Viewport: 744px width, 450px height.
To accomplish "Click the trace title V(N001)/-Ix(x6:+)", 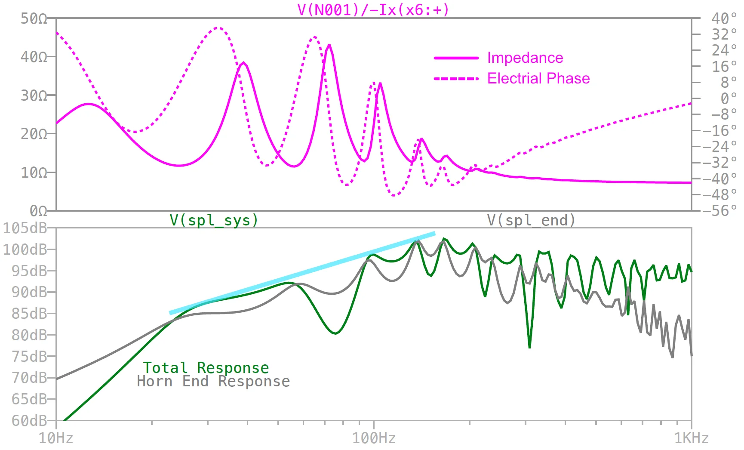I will click(x=373, y=9).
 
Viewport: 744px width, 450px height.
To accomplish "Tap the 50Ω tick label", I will click(x=34, y=18).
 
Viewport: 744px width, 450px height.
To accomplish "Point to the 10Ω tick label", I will click(x=34, y=173).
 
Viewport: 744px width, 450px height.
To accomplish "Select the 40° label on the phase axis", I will click(x=723, y=18).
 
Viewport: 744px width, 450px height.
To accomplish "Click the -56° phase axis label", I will click(x=719, y=211).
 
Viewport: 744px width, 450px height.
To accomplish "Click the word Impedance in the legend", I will click(x=525, y=58).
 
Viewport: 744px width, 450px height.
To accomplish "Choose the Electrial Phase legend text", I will click(x=538, y=78).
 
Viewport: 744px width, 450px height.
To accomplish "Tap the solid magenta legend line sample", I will click(x=456, y=58).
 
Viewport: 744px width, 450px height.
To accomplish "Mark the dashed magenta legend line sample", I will click(x=456, y=79).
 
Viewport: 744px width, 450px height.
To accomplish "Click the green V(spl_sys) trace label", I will click(x=214, y=220).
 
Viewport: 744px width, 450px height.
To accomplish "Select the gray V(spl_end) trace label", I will click(x=531, y=220).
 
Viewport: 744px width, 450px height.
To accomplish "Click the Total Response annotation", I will click(x=206, y=368).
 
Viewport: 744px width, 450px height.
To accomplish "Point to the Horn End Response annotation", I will click(x=213, y=382).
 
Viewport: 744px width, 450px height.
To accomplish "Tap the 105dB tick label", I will click(x=25, y=228).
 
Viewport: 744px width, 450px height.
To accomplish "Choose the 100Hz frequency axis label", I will click(x=374, y=438).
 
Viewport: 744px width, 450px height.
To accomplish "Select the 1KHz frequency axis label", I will click(x=691, y=438).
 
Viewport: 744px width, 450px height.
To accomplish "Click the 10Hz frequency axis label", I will click(x=56, y=438).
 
